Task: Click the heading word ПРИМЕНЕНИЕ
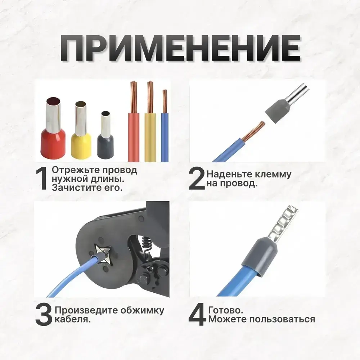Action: coord(180,49)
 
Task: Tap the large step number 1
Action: coord(41,179)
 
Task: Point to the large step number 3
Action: coord(44,315)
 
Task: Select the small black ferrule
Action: coord(105,135)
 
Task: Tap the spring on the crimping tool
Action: coord(146,244)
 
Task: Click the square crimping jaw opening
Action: coord(103,254)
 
